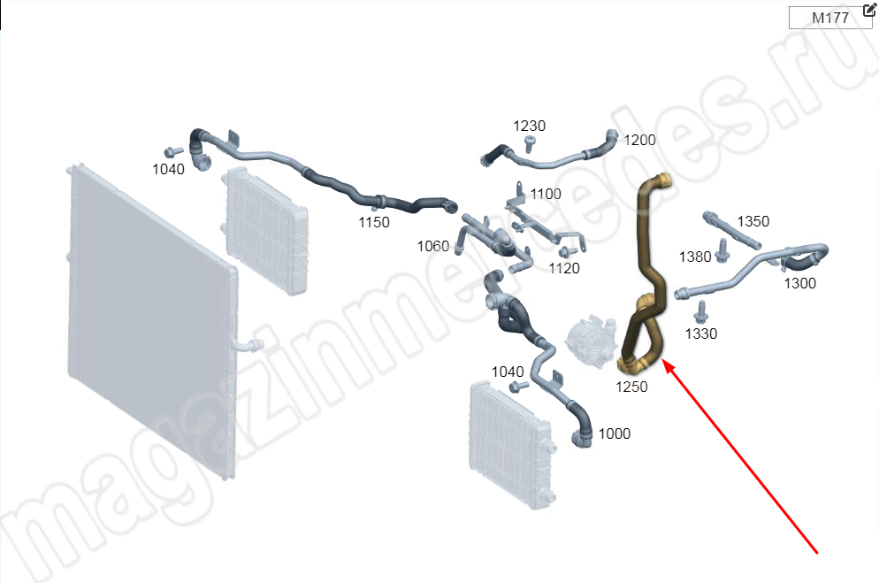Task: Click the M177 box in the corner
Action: [830, 18]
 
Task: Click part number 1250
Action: [631, 387]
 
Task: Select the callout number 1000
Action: [615, 433]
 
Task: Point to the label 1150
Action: [374, 223]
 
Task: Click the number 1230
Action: [529, 127]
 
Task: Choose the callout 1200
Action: [639, 140]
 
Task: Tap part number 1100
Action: [546, 194]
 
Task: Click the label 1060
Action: [432, 246]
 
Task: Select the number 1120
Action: [564, 269]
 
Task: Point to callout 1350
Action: [753, 221]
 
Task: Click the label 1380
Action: [695, 257]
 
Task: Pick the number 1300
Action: [800, 284]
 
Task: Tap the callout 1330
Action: [700, 334]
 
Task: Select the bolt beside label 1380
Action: [722, 250]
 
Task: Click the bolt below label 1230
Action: [530, 143]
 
